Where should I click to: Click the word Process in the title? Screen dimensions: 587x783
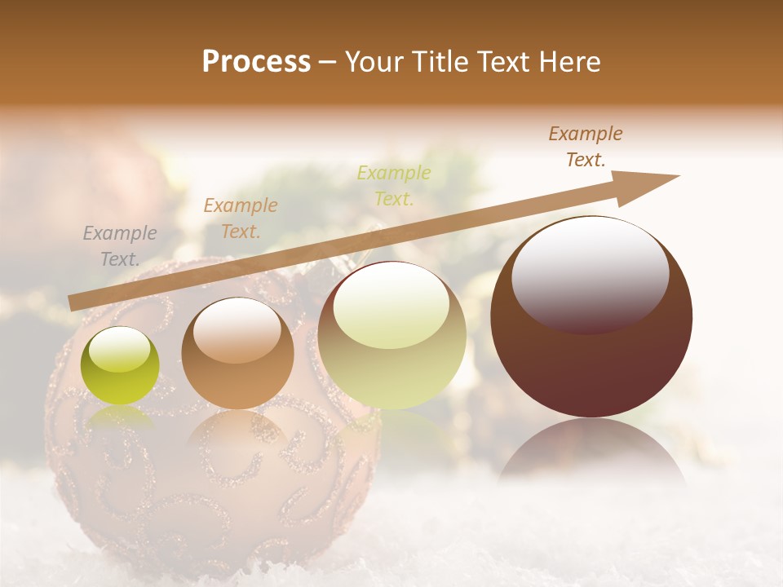(256, 62)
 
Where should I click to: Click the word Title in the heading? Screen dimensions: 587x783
(441, 62)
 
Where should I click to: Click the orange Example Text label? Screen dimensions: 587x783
(241, 218)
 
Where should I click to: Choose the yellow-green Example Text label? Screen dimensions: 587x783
(394, 185)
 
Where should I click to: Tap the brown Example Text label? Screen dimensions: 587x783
(586, 147)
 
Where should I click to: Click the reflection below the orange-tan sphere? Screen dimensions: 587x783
(237, 432)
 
